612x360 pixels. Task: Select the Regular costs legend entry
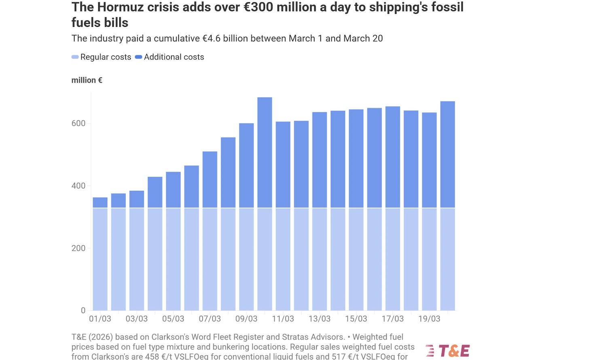click(x=102, y=57)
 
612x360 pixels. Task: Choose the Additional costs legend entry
click(x=169, y=57)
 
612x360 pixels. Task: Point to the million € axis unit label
click(x=87, y=80)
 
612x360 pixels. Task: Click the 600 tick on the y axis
click(x=78, y=123)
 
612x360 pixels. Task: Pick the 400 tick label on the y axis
click(x=78, y=186)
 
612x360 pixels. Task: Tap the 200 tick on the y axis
click(x=78, y=248)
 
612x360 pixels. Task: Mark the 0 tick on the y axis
click(x=83, y=310)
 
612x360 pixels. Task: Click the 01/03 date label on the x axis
click(x=100, y=319)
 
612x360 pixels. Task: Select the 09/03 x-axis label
click(x=246, y=319)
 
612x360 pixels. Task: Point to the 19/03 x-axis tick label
click(x=429, y=319)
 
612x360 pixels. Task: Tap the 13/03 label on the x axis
click(x=320, y=319)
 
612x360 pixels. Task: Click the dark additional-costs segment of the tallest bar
click(x=265, y=152)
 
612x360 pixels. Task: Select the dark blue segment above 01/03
click(x=100, y=203)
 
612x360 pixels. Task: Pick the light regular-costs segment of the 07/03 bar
click(x=210, y=259)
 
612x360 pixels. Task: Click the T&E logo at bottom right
click(x=448, y=351)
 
